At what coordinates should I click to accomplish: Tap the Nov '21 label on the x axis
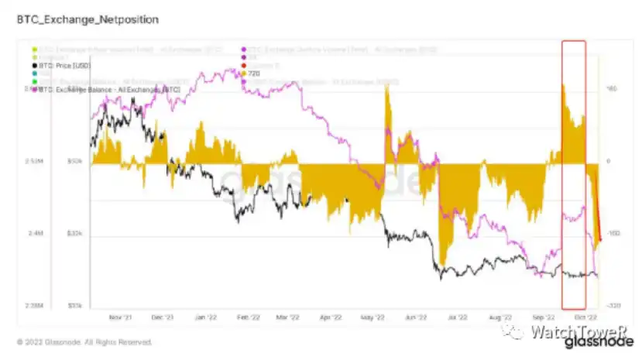(121, 317)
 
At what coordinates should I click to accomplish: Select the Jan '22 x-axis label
(206, 317)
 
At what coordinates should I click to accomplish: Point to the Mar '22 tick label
(287, 317)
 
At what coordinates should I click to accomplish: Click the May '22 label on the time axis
(372, 317)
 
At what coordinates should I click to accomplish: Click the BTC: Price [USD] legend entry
(66, 65)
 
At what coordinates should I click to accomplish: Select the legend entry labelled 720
(254, 73)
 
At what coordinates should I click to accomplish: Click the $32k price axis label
(74, 234)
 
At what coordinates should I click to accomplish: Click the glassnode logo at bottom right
(609, 341)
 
